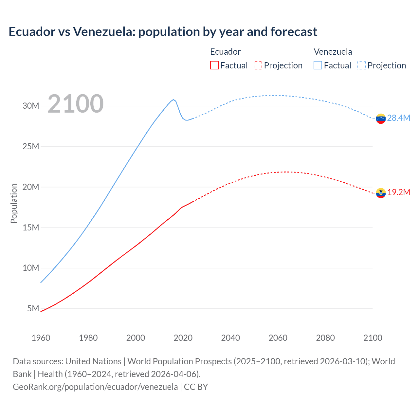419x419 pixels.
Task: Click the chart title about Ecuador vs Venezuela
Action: tap(163, 32)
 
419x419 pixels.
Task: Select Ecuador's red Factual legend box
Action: tap(214, 65)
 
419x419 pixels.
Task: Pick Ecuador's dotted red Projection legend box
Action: tap(258, 65)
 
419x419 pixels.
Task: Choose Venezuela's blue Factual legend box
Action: tap(318, 65)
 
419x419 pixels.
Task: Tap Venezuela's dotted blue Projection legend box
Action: tap(362, 65)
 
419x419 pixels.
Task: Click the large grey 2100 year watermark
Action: tap(76, 104)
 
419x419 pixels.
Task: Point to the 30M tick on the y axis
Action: tap(31, 106)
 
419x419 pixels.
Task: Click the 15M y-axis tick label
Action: tap(31, 228)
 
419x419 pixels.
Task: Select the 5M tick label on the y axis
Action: tap(33, 308)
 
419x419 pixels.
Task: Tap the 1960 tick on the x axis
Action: tap(41, 338)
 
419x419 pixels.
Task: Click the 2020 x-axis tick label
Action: tap(183, 338)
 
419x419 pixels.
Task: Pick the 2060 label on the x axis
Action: tap(278, 338)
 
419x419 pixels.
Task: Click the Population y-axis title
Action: tap(14, 203)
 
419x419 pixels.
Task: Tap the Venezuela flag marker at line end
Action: tap(381, 118)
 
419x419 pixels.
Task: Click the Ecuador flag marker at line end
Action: tap(381, 193)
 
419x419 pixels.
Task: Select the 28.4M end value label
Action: tap(398, 118)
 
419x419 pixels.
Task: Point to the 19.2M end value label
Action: tap(398, 192)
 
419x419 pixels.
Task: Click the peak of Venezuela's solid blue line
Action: tap(173, 100)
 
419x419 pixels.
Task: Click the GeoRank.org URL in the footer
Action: tap(95, 387)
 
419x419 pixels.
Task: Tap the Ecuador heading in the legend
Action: tap(225, 52)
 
